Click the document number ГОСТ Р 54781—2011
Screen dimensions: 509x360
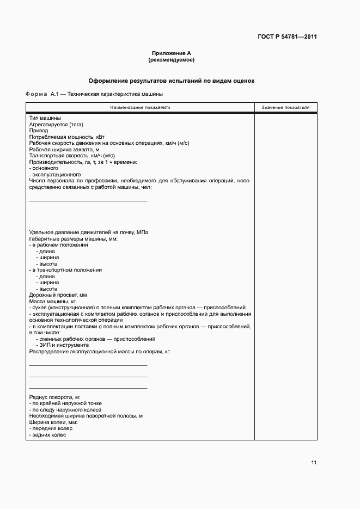pyautogui.click(x=287, y=37)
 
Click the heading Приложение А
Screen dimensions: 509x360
pyautogui.click(x=172, y=53)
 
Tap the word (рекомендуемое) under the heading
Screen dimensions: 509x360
pyautogui.click(x=172, y=59)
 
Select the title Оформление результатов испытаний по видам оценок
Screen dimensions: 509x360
pyautogui.click(x=172, y=81)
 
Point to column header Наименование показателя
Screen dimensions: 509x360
pyautogui.click(x=140, y=107)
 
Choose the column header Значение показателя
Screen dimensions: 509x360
pyautogui.click(x=285, y=107)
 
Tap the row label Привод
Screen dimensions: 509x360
pyautogui.click(x=39, y=131)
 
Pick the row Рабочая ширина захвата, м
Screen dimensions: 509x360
pyautogui.click(x=64, y=149)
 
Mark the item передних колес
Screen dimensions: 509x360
pyautogui.click(x=52, y=429)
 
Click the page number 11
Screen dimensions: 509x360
pyautogui.click(x=313, y=463)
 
